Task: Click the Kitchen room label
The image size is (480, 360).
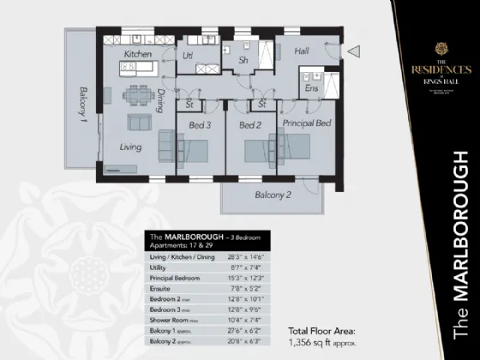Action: click(138, 54)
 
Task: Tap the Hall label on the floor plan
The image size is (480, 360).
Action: click(303, 51)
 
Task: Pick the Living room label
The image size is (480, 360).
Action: click(130, 147)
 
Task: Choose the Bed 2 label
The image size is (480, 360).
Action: click(249, 125)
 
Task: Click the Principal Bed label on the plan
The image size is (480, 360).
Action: click(308, 125)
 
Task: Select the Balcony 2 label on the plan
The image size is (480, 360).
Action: click(273, 195)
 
